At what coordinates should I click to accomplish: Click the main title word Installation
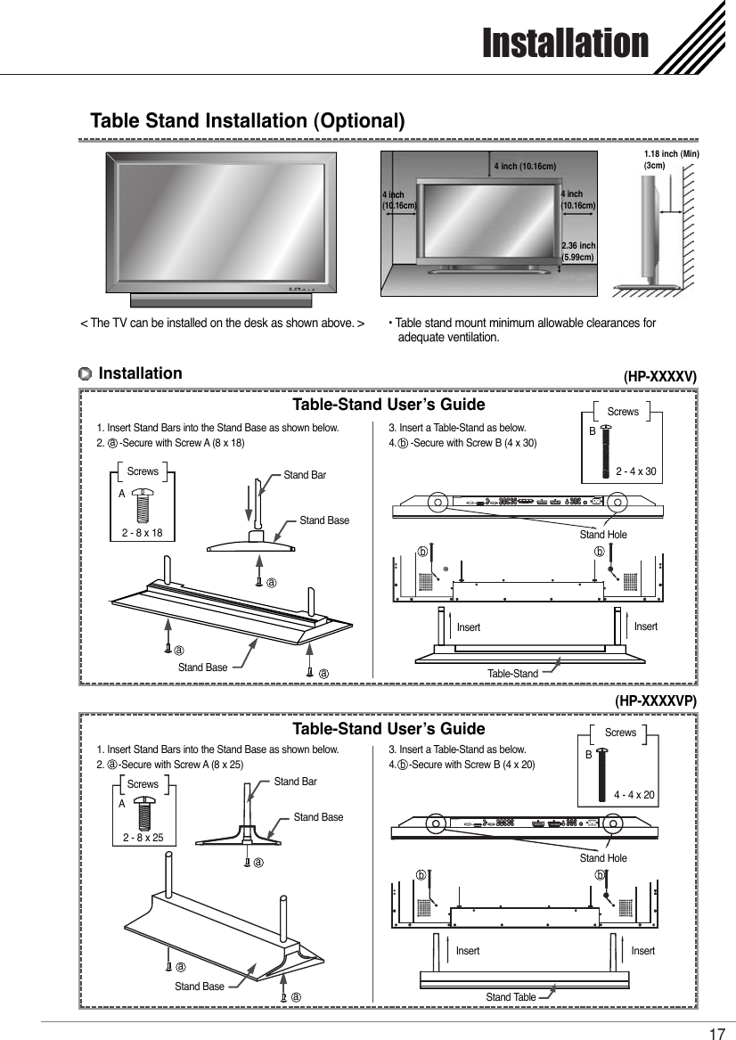pos(565,43)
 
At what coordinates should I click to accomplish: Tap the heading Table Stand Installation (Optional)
pos(249,120)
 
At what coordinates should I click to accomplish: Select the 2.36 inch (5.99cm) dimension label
pos(578,251)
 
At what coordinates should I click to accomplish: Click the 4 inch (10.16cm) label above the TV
pos(525,167)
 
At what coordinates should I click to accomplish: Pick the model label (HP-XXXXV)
pos(659,377)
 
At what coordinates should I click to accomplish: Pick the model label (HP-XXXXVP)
pos(655,701)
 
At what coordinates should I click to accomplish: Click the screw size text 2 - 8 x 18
pos(143,533)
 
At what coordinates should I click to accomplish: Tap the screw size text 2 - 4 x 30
pos(637,471)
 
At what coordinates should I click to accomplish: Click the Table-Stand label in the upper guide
pos(512,674)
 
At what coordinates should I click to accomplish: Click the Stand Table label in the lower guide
pos(511,996)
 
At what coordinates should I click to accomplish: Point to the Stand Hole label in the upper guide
pos(603,535)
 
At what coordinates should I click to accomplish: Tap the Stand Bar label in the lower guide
pos(295,782)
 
